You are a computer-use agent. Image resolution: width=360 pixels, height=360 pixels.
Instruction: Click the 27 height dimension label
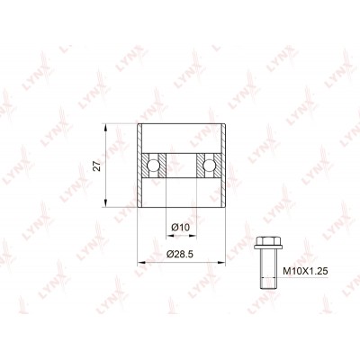[96, 165]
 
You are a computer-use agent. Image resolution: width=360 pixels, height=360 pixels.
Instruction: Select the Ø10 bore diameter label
[181, 228]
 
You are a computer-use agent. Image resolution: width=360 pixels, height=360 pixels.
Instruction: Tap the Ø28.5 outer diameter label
[180, 255]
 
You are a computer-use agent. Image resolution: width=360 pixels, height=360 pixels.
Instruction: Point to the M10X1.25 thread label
[306, 272]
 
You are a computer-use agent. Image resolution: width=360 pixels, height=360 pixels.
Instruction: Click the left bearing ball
[153, 165]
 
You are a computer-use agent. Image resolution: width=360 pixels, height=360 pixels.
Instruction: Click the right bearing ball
[209, 165]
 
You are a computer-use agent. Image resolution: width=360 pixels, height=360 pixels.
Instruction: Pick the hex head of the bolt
[268, 240]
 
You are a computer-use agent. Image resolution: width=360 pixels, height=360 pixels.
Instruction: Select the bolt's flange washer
[268, 247]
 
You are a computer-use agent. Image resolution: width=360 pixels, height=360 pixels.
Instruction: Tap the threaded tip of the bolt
[268, 283]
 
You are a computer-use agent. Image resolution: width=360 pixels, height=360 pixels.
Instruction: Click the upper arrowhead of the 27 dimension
[105, 127]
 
